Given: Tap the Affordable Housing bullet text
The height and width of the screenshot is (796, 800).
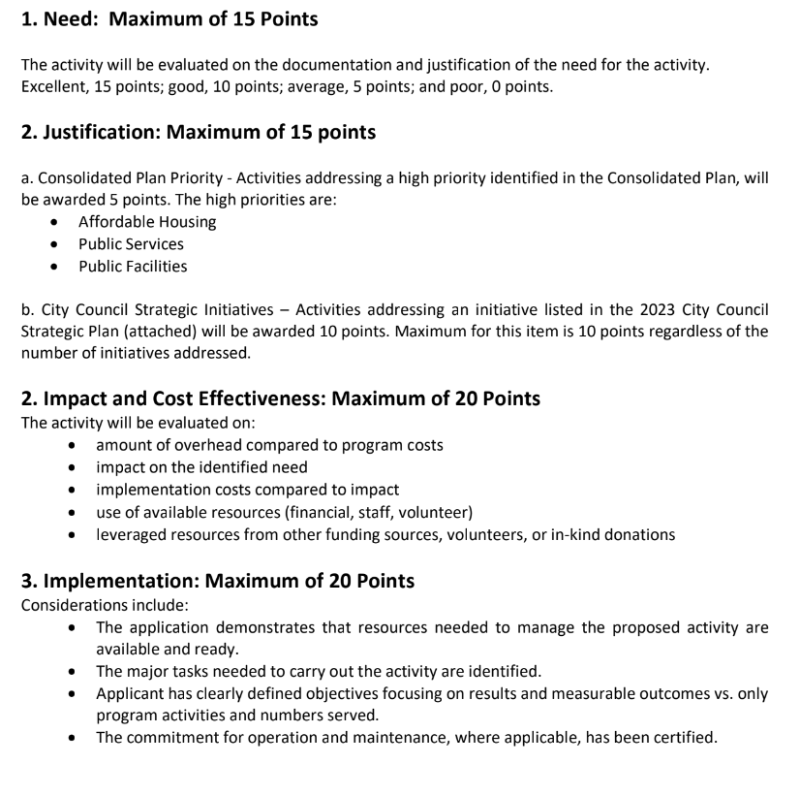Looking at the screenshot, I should point(147,222).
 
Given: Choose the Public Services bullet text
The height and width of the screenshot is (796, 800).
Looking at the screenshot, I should point(131,244).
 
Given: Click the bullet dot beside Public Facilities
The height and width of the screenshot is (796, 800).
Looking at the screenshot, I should point(61,267).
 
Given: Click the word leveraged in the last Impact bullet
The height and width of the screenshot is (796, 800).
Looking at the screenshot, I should point(132,534).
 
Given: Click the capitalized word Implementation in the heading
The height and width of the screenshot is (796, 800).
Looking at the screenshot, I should point(109,581).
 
